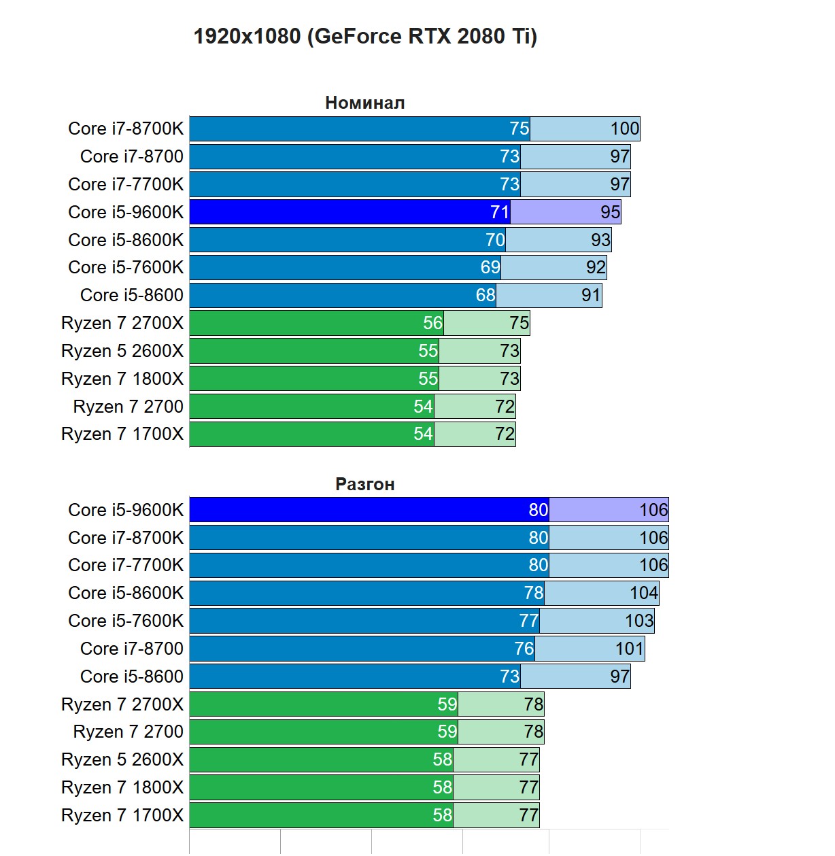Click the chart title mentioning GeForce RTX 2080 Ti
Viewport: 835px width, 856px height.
(365, 36)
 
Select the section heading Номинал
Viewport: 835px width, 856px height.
(364, 103)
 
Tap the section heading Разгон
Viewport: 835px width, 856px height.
(364, 484)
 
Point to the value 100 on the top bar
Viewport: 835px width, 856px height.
(624, 129)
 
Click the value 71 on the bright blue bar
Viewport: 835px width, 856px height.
(500, 212)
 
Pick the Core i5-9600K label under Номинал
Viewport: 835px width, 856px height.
(126, 212)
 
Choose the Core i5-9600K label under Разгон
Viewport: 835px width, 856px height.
(126, 510)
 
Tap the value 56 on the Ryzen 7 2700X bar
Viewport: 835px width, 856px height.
(432, 323)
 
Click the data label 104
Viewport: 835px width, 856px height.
(643, 593)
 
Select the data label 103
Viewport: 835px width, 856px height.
(638, 621)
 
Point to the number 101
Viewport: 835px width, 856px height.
(629, 649)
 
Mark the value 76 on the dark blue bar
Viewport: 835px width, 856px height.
(524, 649)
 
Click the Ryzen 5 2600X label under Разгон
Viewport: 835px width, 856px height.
(122, 759)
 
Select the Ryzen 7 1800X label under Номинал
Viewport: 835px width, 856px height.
(122, 379)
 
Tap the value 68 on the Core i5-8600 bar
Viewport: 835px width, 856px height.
(485, 295)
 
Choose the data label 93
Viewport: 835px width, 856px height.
(600, 240)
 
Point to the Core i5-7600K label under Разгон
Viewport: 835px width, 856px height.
(126, 621)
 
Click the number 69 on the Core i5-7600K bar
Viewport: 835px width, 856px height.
(490, 267)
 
